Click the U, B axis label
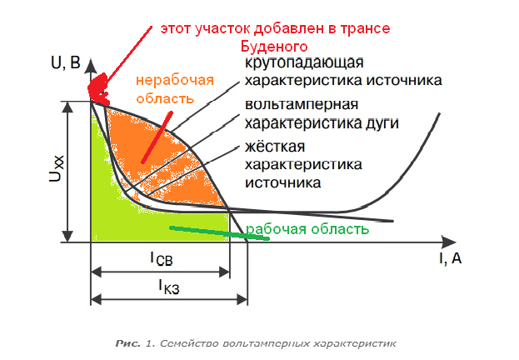(x=66, y=62)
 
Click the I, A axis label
(x=450, y=258)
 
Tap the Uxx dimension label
(x=57, y=168)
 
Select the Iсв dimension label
(x=162, y=258)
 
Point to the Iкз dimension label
(x=169, y=287)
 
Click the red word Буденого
(x=274, y=47)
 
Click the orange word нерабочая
(x=175, y=81)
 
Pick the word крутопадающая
(x=304, y=63)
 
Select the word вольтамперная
(x=302, y=105)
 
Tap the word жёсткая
(x=275, y=147)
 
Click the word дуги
(x=382, y=123)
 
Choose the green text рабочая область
(x=307, y=229)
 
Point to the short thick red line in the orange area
(x=157, y=137)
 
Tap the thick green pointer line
(x=219, y=232)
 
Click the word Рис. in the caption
(x=127, y=343)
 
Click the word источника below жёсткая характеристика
(x=282, y=182)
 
